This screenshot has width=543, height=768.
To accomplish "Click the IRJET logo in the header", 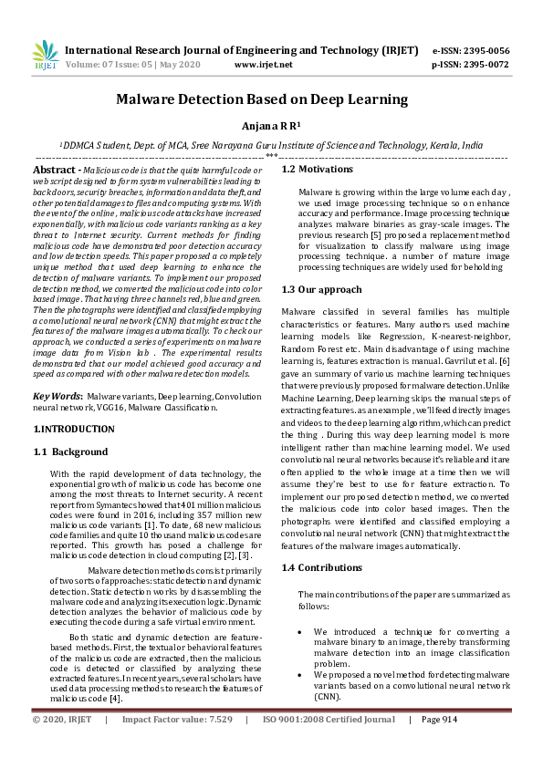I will [44, 56].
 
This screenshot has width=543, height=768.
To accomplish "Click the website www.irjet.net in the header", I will [264, 65].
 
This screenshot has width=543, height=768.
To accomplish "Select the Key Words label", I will [57, 398].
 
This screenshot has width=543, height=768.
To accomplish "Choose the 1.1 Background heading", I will [70, 451].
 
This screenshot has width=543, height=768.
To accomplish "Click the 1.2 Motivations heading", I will [317, 170].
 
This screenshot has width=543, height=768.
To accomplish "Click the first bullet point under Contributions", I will [300, 631].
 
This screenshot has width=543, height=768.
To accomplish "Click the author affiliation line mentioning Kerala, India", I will [271, 145].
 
